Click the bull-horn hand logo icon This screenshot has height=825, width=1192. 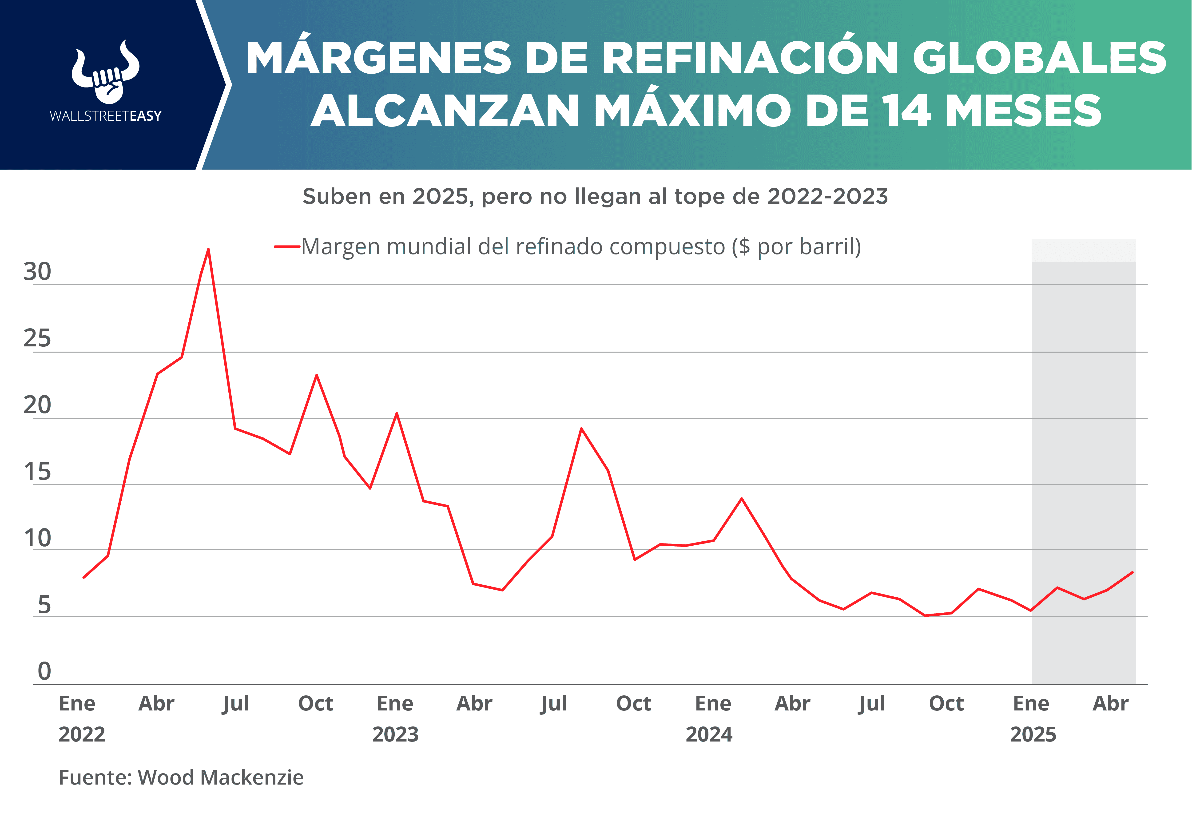[x=105, y=72]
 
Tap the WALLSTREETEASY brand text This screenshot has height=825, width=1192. [x=105, y=116]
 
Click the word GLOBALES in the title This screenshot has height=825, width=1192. [x=1039, y=58]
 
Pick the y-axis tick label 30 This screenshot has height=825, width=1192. [x=37, y=272]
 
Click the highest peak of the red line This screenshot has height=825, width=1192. [x=208, y=250]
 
